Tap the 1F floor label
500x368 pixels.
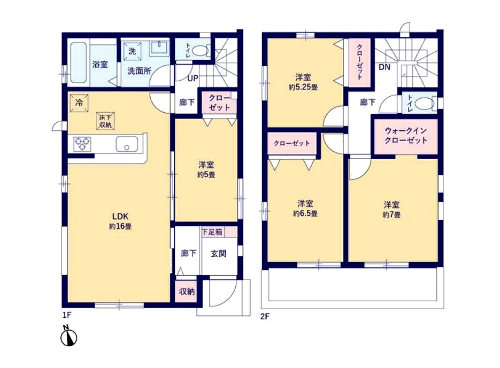[x=67, y=316]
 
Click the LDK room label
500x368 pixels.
[x=120, y=217]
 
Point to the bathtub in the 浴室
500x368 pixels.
[x=79, y=63]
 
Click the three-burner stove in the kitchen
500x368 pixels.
[x=82, y=143]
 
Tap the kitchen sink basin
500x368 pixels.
[x=127, y=144]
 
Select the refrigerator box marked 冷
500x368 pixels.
[x=79, y=103]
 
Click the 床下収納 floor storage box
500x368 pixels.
[x=105, y=121]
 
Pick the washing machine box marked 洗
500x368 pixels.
[x=132, y=51]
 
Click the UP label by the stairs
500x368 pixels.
[x=193, y=78]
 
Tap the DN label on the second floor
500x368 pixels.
[x=384, y=67]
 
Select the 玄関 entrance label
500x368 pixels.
[x=218, y=254]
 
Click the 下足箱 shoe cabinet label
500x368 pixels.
[x=212, y=232]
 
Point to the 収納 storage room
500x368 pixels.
[x=187, y=291]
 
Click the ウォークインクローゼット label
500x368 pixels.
[x=405, y=136]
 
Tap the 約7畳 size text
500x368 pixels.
[x=391, y=215]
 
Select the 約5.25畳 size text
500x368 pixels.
[x=303, y=87]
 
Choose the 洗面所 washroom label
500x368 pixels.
[x=140, y=71]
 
